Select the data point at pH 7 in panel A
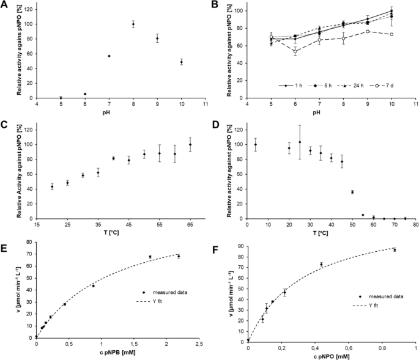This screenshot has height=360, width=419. coord(109,56)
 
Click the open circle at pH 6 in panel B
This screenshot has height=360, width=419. coord(295,52)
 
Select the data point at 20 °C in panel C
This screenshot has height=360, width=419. coord(52,186)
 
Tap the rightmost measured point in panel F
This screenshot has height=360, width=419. coord(395,250)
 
